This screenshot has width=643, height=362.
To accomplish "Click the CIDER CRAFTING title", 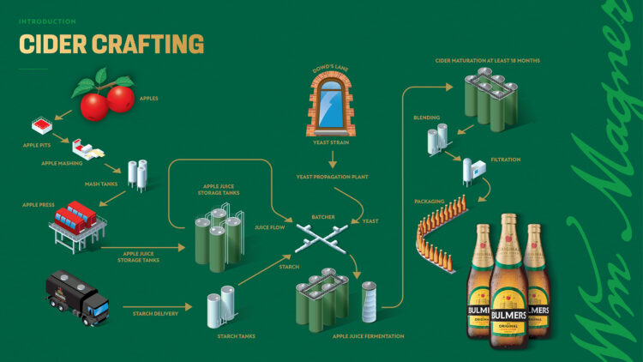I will [111, 44].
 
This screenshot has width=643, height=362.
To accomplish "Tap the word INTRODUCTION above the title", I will [47, 21].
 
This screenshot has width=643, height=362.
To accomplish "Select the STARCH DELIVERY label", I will [154, 314].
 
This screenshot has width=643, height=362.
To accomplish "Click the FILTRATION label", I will [506, 160].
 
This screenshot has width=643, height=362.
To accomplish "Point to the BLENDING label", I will [427, 118].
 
